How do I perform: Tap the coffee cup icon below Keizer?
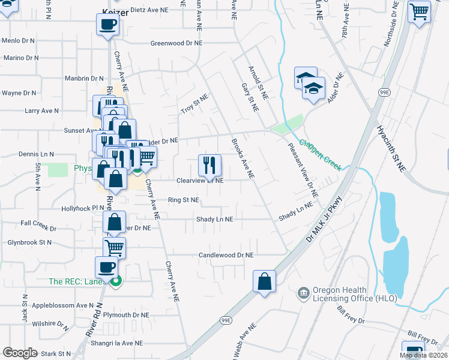pyautogui.click(x=107, y=25)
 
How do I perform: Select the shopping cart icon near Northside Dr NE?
pyautogui.click(x=419, y=11)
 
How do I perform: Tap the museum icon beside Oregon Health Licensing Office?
pyautogui.click(x=303, y=293)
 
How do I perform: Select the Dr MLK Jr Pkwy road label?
pyautogui.click(x=324, y=219)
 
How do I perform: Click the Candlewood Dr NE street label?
pyautogui.click(x=226, y=255)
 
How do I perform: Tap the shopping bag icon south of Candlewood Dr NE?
pyautogui.click(x=264, y=281)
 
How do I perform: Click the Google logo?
pyautogui.click(x=20, y=352)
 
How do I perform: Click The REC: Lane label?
pyautogui.click(x=74, y=281)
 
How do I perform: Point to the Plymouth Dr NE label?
pyautogui.click(x=126, y=314)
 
